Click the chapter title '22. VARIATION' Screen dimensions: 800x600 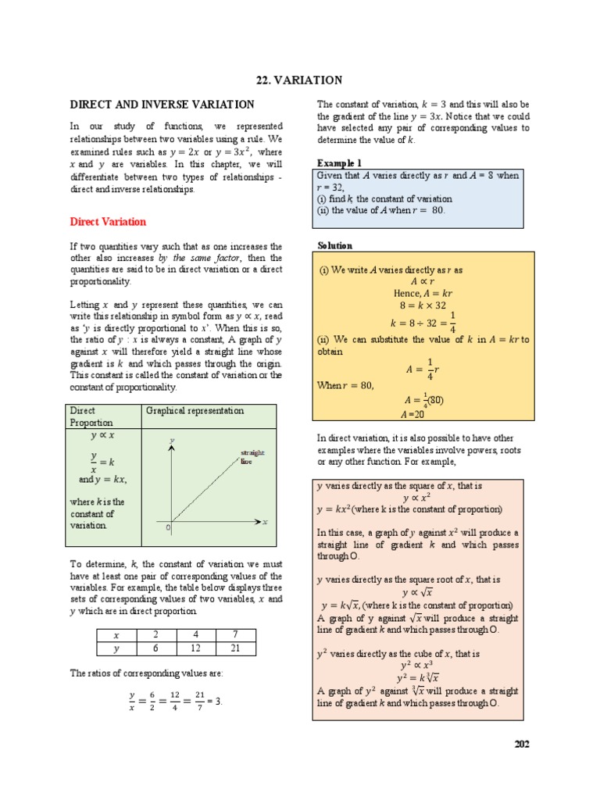(x=300, y=80)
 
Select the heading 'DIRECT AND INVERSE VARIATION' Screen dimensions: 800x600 (x=162, y=105)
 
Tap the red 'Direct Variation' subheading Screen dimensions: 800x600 (x=108, y=222)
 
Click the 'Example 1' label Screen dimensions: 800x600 (x=339, y=162)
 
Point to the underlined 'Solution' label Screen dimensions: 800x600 (x=334, y=245)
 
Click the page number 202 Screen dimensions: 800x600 (x=522, y=744)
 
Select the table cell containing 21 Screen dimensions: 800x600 (x=236, y=648)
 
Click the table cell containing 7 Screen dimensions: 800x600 (x=236, y=635)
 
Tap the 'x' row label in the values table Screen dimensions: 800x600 (x=116, y=635)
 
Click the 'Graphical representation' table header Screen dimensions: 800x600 (x=195, y=411)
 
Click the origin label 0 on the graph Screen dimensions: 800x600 (x=167, y=529)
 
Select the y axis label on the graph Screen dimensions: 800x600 (x=171, y=442)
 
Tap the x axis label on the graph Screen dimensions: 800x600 (x=265, y=521)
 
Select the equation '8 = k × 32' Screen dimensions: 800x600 (x=424, y=305)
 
